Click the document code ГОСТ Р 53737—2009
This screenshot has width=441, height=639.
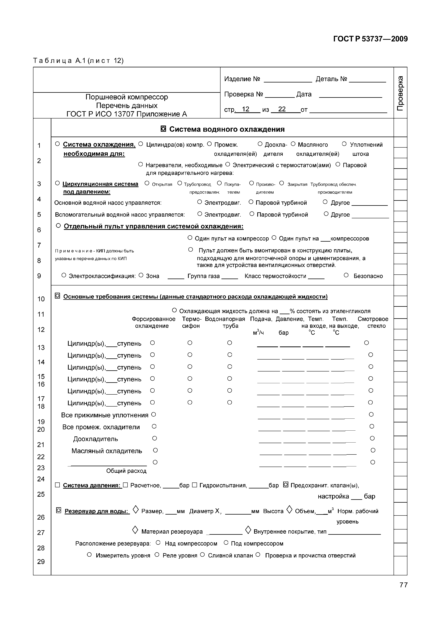pyautogui.click(x=370, y=39)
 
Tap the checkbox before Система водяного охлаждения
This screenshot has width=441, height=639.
pyautogui.click(x=163, y=129)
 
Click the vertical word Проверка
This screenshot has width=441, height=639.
pyautogui.click(x=400, y=93)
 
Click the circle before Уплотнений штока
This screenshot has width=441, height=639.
pyautogui.click(x=344, y=144)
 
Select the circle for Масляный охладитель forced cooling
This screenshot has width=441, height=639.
pyautogui.click(x=155, y=450)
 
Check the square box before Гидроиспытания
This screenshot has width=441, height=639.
pyautogui.click(x=195, y=485)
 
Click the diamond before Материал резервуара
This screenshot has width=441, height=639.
pyautogui.click(x=135, y=530)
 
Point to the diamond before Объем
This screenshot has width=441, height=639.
pyautogui.click(x=289, y=510)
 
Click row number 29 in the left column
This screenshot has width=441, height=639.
pyautogui.click(x=41, y=562)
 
